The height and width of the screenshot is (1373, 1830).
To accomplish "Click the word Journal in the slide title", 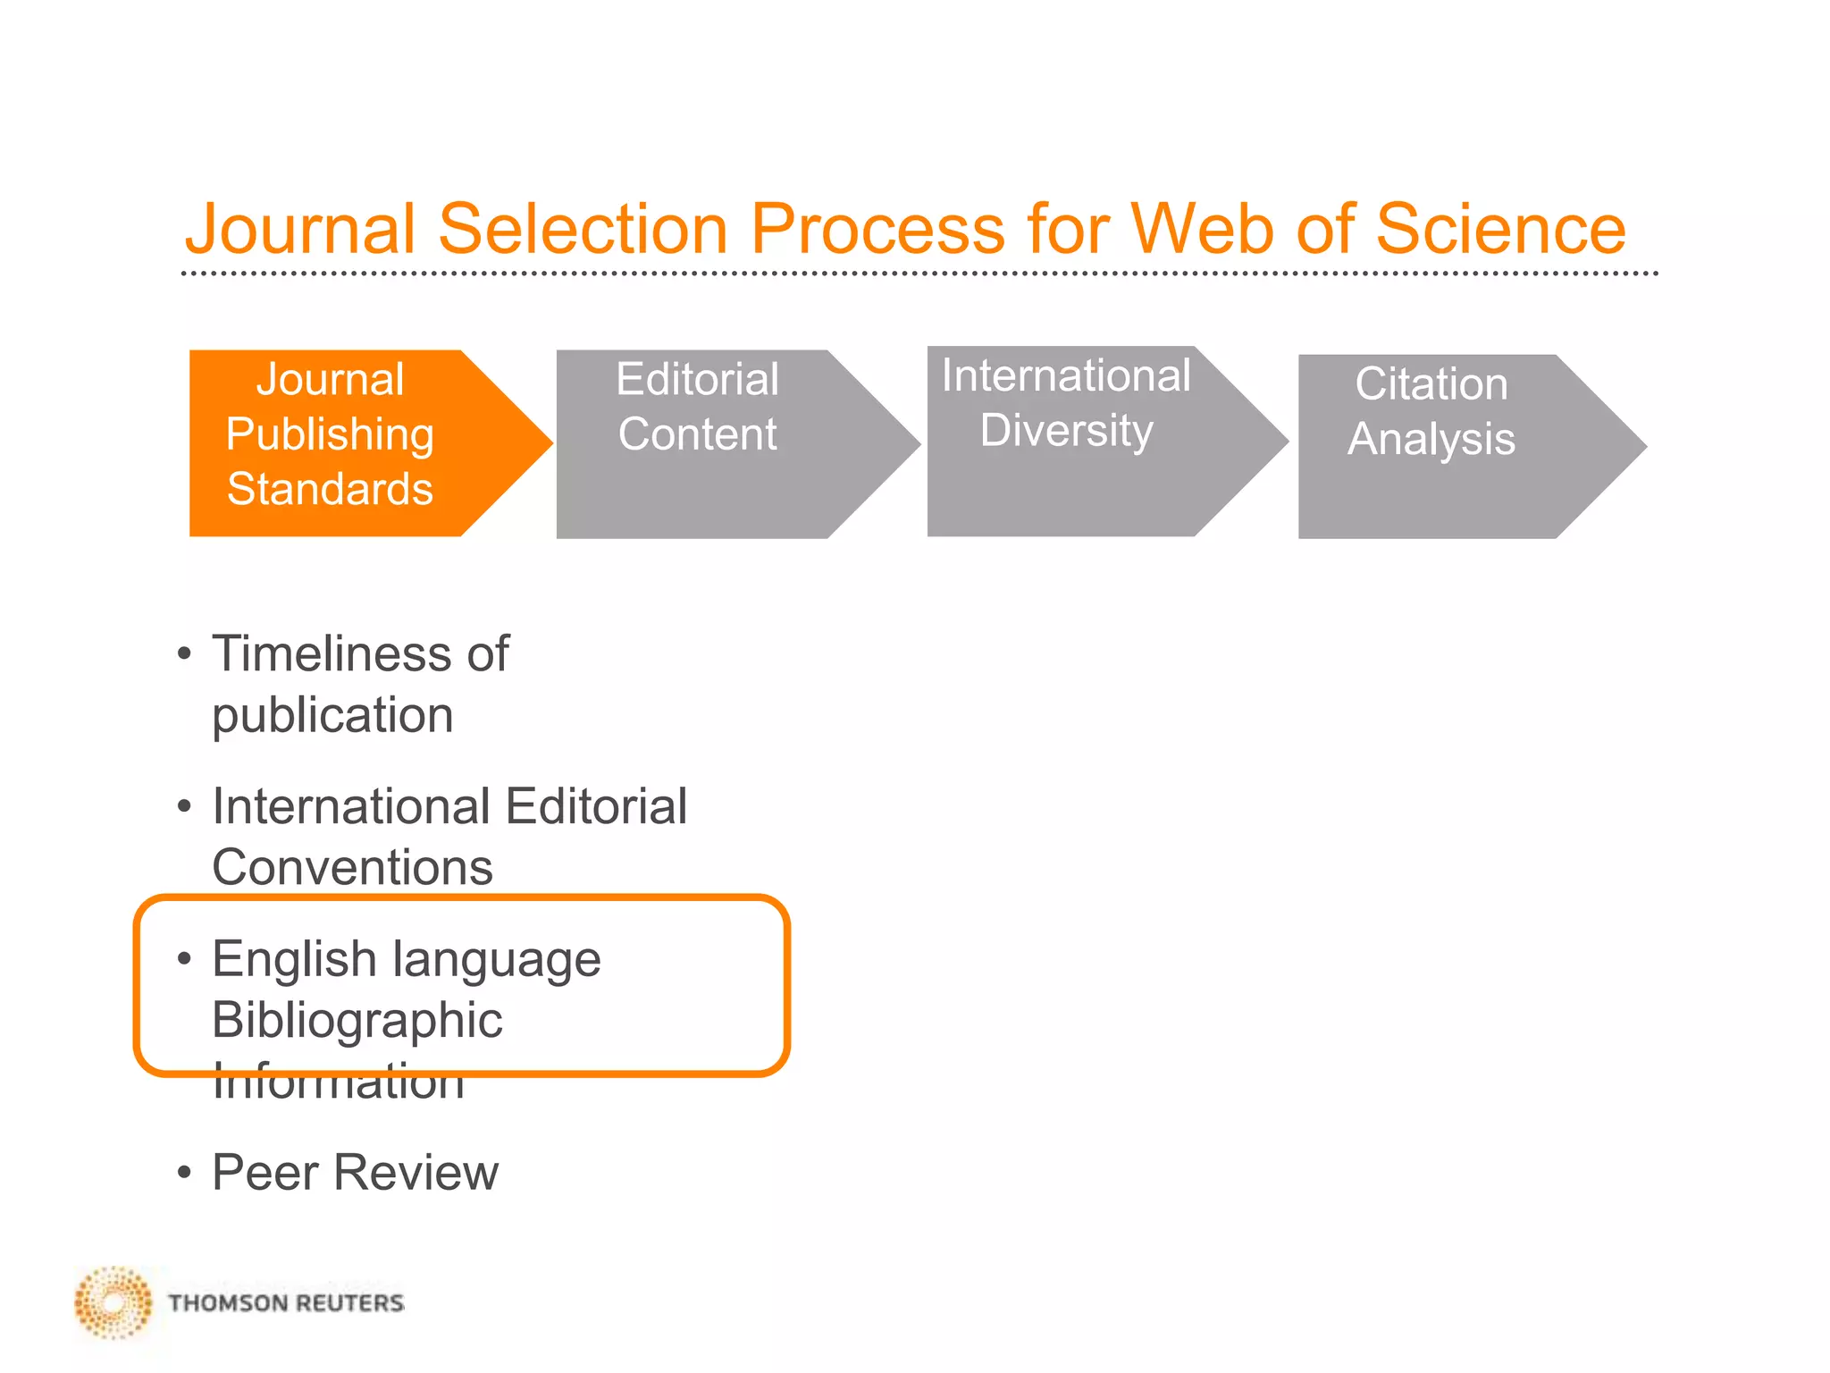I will [300, 229].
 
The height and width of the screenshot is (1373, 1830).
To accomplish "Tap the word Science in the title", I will [1500, 229].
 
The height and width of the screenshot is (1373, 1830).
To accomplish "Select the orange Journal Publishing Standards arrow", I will [357, 443].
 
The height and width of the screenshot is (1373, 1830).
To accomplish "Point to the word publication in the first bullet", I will [332, 715].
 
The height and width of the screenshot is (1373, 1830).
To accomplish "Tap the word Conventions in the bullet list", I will [352, 867].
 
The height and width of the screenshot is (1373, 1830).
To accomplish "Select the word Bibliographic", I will [357, 1021].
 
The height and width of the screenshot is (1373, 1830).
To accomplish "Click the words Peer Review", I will [355, 1173].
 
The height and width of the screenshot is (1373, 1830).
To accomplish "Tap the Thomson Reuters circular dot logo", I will [113, 1301].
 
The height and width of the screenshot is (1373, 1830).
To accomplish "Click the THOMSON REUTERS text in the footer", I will [286, 1303].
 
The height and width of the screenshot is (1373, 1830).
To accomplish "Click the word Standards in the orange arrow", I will [330, 489].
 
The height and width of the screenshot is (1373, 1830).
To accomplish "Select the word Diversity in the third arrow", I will [1066, 430].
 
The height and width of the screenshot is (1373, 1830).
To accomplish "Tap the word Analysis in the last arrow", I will [1431, 439].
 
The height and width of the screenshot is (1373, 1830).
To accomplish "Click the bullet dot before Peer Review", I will [184, 1172].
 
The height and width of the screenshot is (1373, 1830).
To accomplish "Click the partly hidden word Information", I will [338, 1087].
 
